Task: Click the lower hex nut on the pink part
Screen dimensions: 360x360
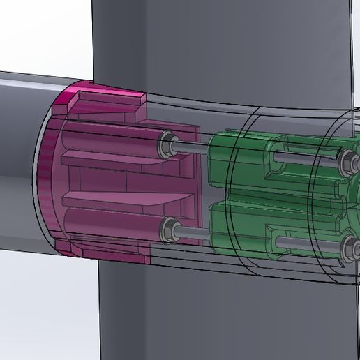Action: point(168,227)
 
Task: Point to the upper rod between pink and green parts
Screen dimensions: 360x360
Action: point(192,145)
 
